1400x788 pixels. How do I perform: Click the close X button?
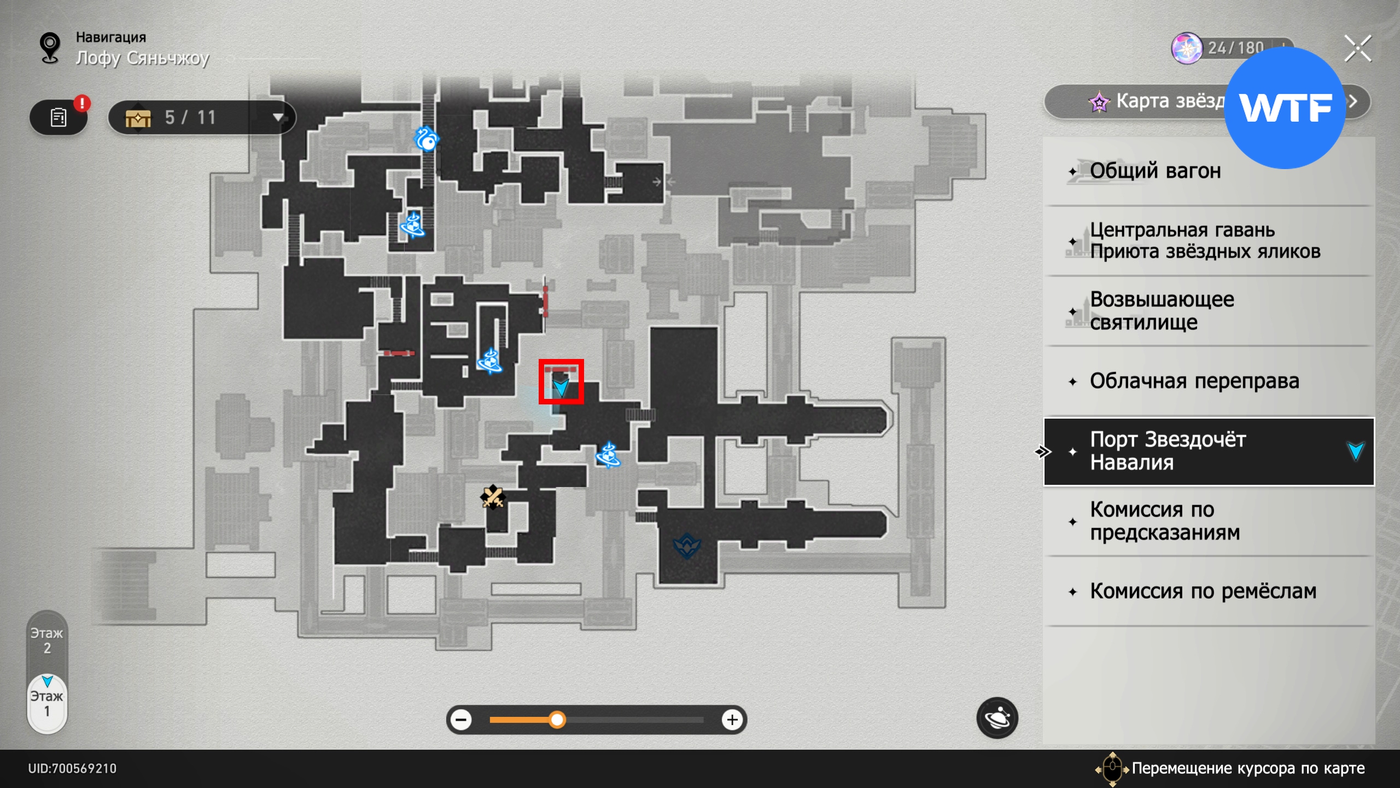coord(1357,49)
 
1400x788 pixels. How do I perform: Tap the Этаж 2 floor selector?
coord(47,641)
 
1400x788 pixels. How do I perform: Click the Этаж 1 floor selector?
coord(47,704)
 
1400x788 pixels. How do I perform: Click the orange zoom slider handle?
coord(557,720)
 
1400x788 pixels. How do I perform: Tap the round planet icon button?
coord(997,718)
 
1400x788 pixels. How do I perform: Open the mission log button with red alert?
coord(59,117)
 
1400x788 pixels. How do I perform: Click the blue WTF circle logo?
coord(1284,108)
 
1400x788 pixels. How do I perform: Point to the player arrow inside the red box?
coord(561,387)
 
